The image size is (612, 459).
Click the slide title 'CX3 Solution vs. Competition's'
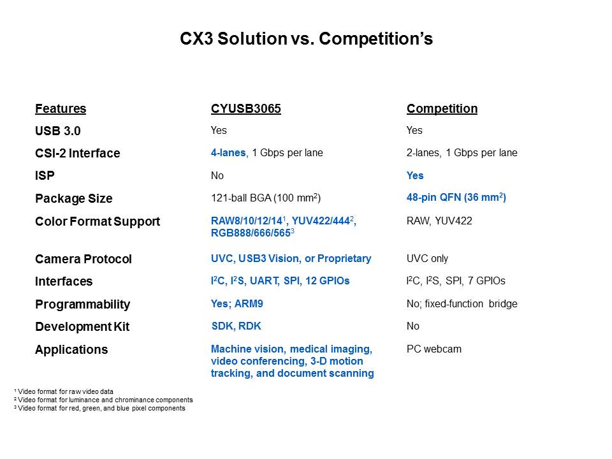(x=306, y=40)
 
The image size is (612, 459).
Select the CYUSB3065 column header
(x=245, y=109)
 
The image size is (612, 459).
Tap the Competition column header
(x=442, y=109)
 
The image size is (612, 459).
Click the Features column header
(x=61, y=109)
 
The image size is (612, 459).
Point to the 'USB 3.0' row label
(x=58, y=131)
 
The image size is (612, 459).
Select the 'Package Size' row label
(x=73, y=199)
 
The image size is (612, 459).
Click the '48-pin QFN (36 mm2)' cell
(x=456, y=198)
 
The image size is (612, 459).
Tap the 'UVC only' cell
(x=427, y=259)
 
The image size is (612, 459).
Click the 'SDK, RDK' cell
(x=236, y=326)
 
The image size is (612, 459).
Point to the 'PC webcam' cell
(x=433, y=349)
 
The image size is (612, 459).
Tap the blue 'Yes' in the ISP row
(x=415, y=176)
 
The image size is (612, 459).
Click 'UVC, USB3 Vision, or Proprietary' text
(x=291, y=259)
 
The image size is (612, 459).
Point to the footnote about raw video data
(x=63, y=391)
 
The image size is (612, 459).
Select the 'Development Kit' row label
(x=82, y=327)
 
